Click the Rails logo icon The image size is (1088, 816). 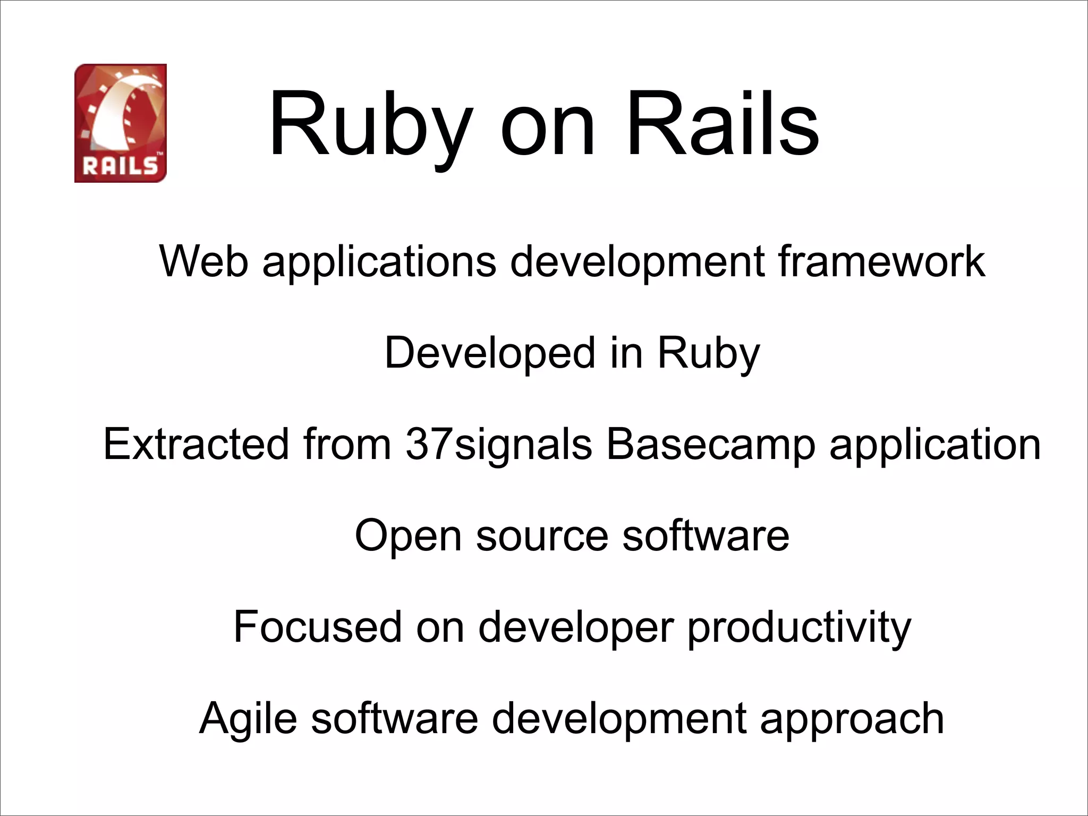click(121, 123)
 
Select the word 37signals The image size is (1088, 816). click(498, 445)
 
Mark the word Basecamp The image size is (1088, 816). click(710, 445)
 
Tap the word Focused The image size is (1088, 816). click(318, 627)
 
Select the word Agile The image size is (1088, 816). click(248, 719)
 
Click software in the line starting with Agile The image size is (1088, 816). click(395, 718)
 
